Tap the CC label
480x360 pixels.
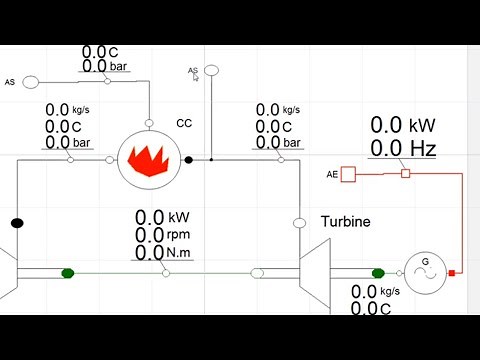point(184,123)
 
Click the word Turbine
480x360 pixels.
point(346,222)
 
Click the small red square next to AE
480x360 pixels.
point(348,175)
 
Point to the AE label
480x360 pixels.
point(332,175)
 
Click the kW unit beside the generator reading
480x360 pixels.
point(421,126)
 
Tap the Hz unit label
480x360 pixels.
point(421,150)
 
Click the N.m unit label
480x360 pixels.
point(180,252)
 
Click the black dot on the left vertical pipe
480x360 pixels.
point(16,222)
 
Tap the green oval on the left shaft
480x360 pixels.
point(68,272)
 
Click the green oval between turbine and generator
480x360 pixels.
point(378,272)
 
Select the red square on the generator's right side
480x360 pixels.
point(452,272)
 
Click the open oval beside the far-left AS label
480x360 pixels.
point(31,82)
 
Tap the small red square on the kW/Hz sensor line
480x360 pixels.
point(405,174)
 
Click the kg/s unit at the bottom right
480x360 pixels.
point(388,291)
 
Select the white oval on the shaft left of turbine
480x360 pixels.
point(257,272)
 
